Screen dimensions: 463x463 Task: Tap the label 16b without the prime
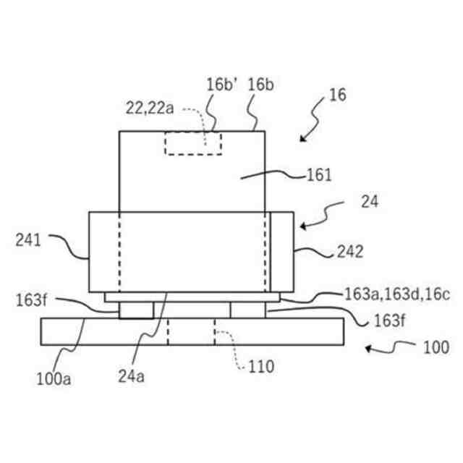[x=260, y=85]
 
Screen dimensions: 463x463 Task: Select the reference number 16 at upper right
[x=337, y=95]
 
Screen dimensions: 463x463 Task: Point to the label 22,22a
[x=150, y=108]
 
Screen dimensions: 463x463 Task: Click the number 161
[x=319, y=175]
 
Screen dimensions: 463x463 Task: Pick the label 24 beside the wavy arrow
[x=370, y=202]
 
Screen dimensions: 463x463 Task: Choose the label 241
[x=28, y=240]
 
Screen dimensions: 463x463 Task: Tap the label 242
[x=350, y=252]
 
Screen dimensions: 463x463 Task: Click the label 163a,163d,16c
[x=397, y=294]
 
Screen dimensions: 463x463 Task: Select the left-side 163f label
[x=31, y=300]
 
